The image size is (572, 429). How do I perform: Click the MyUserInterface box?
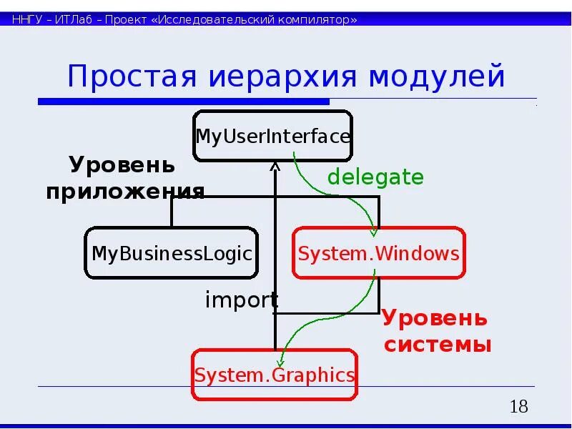[x=272, y=136]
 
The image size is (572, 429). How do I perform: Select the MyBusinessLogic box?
[x=172, y=253]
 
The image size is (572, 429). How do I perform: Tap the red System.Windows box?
[x=378, y=253]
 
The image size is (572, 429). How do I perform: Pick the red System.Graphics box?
[x=275, y=375]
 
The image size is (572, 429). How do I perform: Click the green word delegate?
[x=375, y=177]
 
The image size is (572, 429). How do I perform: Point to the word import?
[x=241, y=300]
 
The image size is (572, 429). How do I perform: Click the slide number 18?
[x=518, y=408]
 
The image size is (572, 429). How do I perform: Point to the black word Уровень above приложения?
[x=122, y=165]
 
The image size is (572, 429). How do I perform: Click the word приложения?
[x=126, y=192]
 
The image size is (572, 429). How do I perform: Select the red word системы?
[x=438, y=345]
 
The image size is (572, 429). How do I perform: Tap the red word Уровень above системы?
[x=434, y=317]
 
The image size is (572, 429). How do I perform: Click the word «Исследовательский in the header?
[x=202, y=19]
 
